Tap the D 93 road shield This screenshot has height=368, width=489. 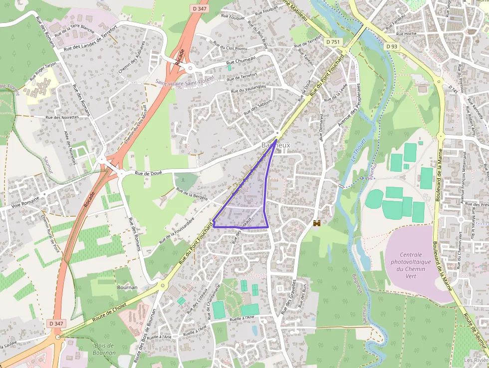pos(392,46)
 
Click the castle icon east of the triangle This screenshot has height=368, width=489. pos(316,223)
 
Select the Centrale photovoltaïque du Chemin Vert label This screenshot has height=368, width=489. pos(411,265)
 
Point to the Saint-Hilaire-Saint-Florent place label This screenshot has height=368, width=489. pos(184,80)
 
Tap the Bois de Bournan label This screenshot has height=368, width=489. pos(104,349)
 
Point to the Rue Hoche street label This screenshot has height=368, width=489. pos(406,33)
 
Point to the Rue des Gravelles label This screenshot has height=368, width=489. pos(289,297)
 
